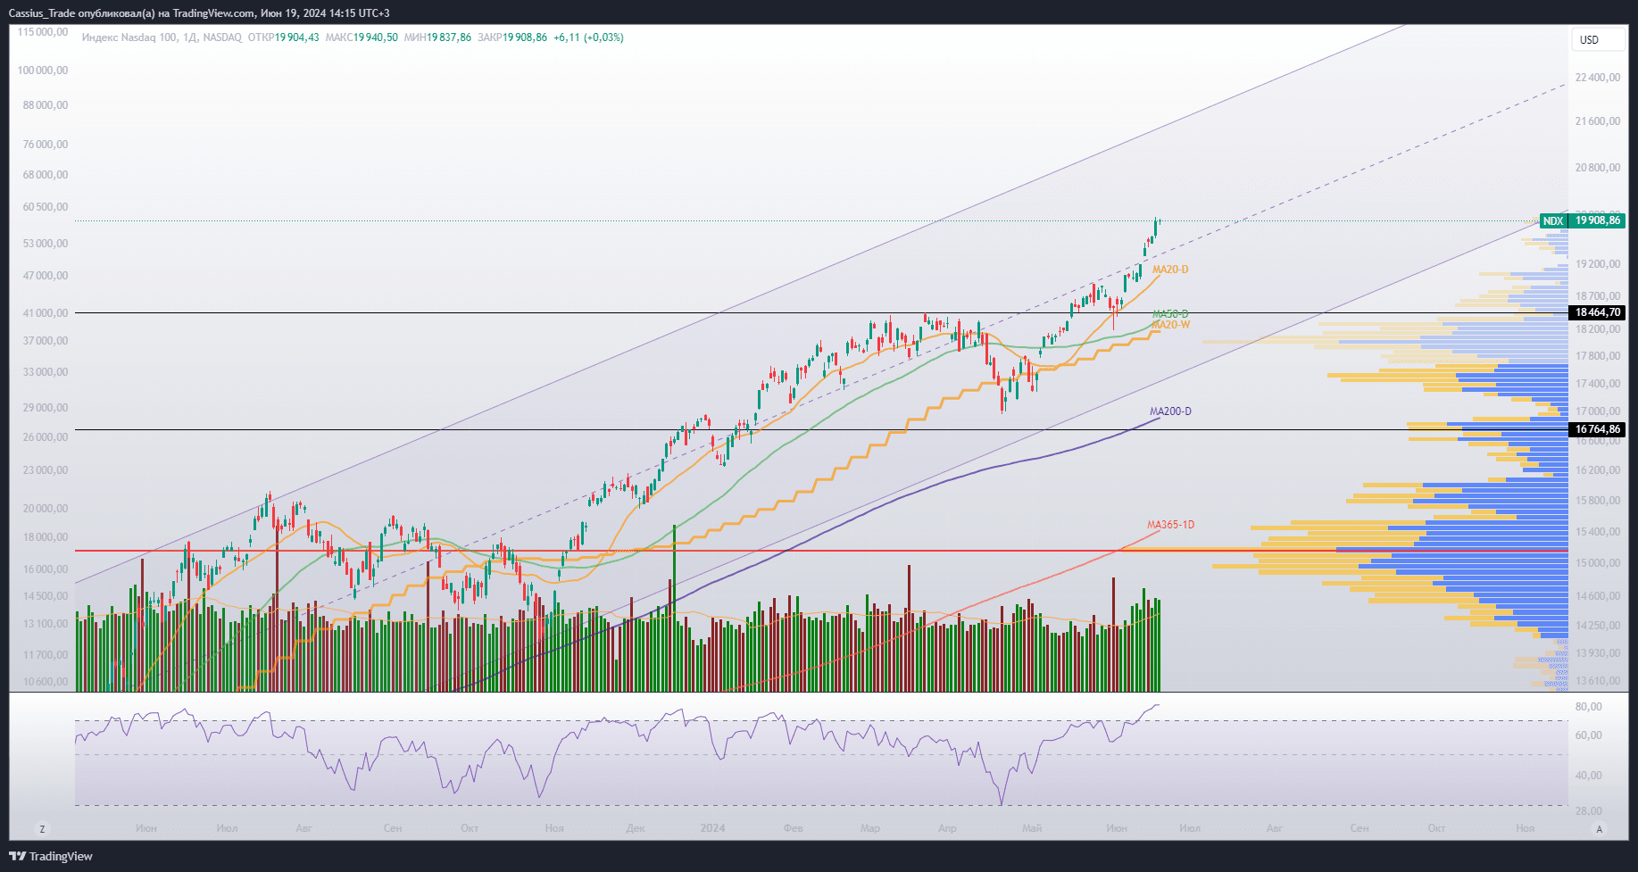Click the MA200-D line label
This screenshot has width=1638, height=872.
pyautogui.click(x=1169, y=411)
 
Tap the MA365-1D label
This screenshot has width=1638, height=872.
pyautogui.click(x=1170, y=525)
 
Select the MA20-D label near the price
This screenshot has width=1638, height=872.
pyautogui.click(x=1169, y=270)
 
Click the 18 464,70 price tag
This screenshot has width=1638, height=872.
pyautogui.click(x=1597, y=312)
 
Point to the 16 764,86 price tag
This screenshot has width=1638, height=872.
pyautogui.click(x=1597, y=429)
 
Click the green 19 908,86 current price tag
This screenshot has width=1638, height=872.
pyautogui.click(x=1597, y=220)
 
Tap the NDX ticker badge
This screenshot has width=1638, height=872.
pyautogui.click(x=1553, y=220)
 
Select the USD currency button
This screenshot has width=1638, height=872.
pyautogui.click(x=1589, y=39)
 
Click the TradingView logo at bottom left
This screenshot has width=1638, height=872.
pyautogui.click(x=52, y=856)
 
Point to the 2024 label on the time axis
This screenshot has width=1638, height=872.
pyautogui.click(x=712, y=828)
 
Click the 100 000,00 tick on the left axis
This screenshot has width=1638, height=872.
pyautogui.click(x=43, y=71)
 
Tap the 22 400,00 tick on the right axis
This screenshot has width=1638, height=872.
pyautogui.click(x=1597, y=78)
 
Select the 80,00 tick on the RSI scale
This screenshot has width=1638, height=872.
pyautogui.click(x=1588, y=707)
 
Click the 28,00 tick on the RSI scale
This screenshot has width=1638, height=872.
pyautogui.click(x=1588, y=810)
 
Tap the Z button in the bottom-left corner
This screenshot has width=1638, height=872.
pyautogui.click(x=42, y=829)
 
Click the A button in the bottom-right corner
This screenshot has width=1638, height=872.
pyautogui.click(x=1599, y=829)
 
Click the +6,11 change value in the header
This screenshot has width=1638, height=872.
pyautogui.click(x=566, y=37)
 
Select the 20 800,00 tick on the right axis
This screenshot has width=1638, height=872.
pyautogui.click(x=1597, y=168)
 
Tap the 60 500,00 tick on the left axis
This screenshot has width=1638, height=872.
pyautogui.click(x=45, y=207)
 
